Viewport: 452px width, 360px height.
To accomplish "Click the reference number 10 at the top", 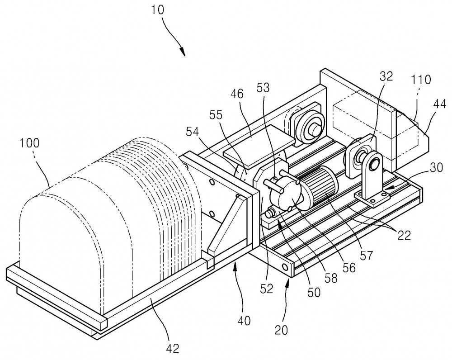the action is click(x=157, y=9).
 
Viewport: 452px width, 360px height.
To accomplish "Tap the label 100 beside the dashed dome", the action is click(x=30, y=143).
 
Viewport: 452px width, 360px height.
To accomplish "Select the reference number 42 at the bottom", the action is click(x=173, y=348).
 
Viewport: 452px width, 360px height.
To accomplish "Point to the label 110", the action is click(x=421, y=80).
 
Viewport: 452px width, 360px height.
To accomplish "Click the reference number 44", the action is click(x=439, y=104).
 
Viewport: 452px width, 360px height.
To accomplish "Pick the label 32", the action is click(x=386, y=76).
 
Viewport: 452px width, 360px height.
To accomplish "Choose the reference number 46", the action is click(x=237, y=94).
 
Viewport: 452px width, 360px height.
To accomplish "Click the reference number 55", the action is click(x=216, y=115).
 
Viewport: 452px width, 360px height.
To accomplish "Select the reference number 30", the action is click(x=436, y=168).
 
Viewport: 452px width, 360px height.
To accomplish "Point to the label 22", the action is click(x=404, y=235).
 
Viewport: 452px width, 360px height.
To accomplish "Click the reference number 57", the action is click(x=366, y=255).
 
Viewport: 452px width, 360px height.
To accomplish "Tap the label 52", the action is click(x=266, y=289).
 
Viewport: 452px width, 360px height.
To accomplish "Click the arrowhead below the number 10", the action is click(x=182, y=52).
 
